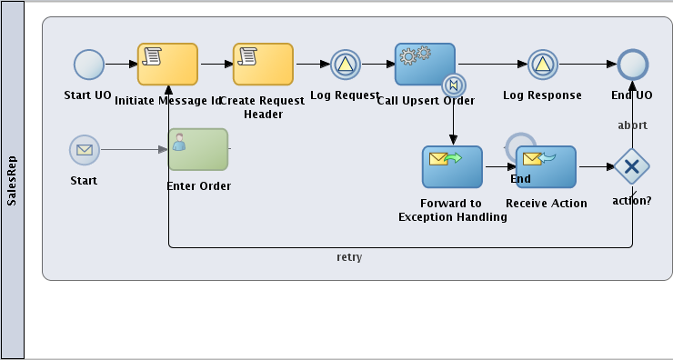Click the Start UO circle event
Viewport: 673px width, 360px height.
(89, 65)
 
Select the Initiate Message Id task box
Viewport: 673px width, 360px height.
(167, 65)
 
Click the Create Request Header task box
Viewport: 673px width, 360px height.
(263, 65)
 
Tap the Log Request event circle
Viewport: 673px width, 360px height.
(346, 65)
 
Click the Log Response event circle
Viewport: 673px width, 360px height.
(542, 65)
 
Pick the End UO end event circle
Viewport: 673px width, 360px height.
(632, 65)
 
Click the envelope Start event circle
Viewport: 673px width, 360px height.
(85, 150)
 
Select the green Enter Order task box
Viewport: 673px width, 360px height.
(197, 149)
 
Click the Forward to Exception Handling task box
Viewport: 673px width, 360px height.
(452, 167)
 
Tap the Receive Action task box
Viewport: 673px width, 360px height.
(546, 167)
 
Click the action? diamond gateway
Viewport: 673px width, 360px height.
(631, 166)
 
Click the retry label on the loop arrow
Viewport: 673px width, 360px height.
(349, 257)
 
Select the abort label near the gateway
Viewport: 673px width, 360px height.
(632, 125)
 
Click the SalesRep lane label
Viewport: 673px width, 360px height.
(12, 180)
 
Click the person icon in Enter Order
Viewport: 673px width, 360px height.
(180, 141)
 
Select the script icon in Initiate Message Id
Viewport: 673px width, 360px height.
(153, 56)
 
